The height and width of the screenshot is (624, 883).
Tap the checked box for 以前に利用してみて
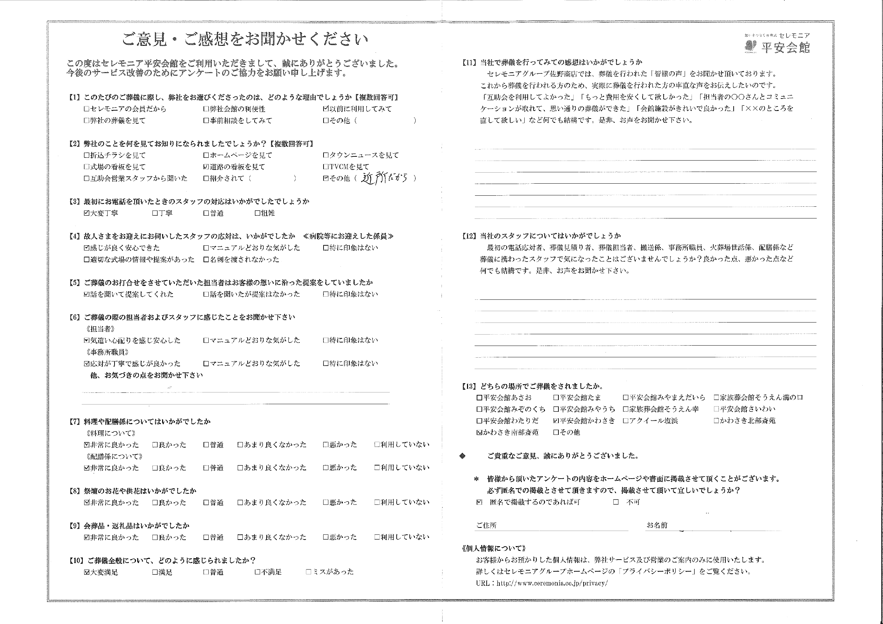click(326, 109)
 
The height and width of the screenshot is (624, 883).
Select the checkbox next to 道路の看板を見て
click(206, 167)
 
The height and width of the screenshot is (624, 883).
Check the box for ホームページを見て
click(206, 155)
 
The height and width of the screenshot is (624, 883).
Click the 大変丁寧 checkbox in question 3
click(87, 213)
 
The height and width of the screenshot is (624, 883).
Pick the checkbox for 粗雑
click(257, 213)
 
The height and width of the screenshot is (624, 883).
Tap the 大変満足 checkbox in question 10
click(87, 572)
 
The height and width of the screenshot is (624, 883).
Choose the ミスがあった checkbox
click(308, 572)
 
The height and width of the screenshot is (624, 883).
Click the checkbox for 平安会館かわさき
click(556, 421)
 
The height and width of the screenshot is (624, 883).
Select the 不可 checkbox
click(616, 502)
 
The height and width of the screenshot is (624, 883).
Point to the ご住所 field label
click(486, 525)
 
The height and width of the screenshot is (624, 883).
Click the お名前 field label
click(657, 525)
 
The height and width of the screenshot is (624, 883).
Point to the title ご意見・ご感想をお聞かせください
click(245, 39)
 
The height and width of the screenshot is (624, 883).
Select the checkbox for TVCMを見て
click(326, 167)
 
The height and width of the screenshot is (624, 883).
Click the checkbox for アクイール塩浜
click(626, 421)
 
